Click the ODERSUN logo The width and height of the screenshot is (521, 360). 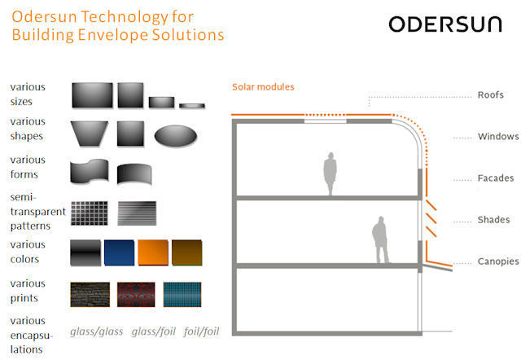click(x=445, y=24)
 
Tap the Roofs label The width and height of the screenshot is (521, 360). click(x=490, y=95)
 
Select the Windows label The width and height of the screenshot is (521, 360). click(x=498, y=137)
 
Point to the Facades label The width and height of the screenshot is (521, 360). click(x=496, y=178)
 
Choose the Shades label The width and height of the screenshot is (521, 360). click(x=493, y=220)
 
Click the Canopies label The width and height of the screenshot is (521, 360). click(x=498, y=261)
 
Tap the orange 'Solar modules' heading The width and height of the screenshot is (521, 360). click(x=263, y=87)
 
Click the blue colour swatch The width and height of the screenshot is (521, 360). click(x=120, y=252)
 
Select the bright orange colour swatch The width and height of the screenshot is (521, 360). click(x=153, y=252)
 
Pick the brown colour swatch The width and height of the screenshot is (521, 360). click(x=186, y=252)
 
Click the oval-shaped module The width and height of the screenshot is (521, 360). click(x=176, y=135)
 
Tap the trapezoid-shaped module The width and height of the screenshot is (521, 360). click(x=90, y=134)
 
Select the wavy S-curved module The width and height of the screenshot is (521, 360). click(x=90, y=171)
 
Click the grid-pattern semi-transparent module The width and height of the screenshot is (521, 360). click(x=90, y=213)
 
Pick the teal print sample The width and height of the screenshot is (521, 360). click(x=182, y=295)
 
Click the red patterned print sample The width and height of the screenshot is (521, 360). click(x=136, y=295)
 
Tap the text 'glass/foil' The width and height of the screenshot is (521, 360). click(x=154, y=331)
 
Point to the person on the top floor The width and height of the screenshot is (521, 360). click(x=331, y=173)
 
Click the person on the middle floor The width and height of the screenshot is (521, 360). click(x=380, y=240)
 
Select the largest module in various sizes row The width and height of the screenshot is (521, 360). click(x=92, y=95)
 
